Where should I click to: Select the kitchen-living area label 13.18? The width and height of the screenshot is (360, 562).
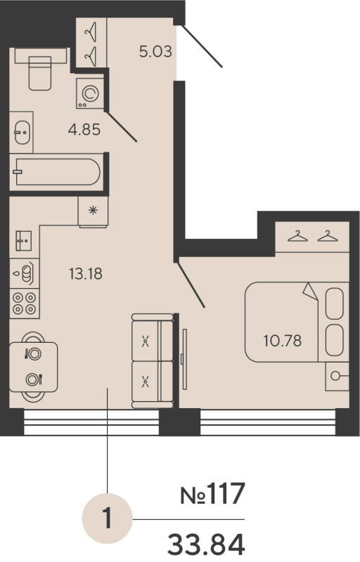(x=86, y=274)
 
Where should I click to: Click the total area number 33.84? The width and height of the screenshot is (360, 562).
(x=206, y=544)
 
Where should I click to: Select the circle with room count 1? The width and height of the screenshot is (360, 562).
(x=107, y=521)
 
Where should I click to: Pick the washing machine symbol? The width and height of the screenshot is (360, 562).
(x=90, y=94)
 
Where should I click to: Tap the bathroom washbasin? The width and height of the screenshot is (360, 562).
(x=22, y=131)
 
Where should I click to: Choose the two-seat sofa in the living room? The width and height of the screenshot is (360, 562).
(x=152, y=361)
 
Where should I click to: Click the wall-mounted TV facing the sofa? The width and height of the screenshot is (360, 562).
(x=183, y=358)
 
